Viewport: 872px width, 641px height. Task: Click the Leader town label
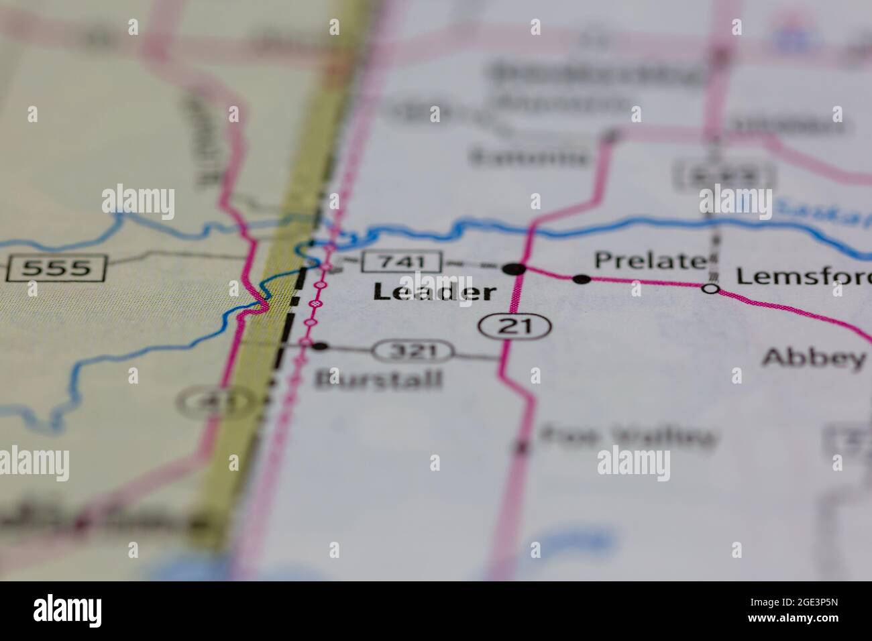pos(435,292)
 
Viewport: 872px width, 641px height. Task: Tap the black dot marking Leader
pos(514,269)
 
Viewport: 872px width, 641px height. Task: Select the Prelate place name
pos(650,260)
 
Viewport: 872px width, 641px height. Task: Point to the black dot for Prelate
pos(582,279)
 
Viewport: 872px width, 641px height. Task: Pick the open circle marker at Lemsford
pos(711,289)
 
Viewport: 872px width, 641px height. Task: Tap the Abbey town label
pos(814,358)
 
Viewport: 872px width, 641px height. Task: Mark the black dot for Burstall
pos(321,346)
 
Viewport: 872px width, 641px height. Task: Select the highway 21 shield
pos(514,327)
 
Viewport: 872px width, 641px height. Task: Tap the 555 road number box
pos(56,269)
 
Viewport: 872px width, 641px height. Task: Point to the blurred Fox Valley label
pos(626,438)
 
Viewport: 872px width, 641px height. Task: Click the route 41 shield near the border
pos(201,402)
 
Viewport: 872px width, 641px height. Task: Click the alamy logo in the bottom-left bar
pos(68,610)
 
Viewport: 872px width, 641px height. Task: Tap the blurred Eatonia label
pos(530,157)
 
